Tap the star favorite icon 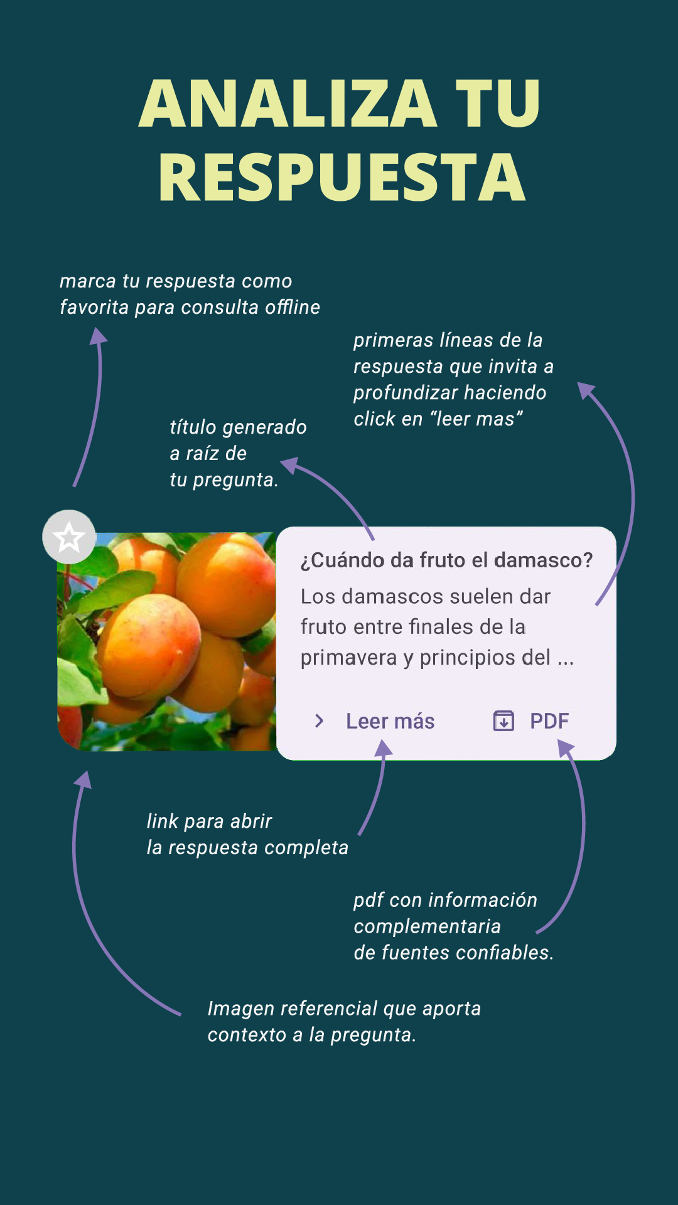click(69, 537)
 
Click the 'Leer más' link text click(390, 721)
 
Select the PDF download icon click(503, 721)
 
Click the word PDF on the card click(549, 721)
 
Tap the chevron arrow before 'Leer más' click(320, 721)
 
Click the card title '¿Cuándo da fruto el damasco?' click(446, 560)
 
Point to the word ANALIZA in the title click(288, 104)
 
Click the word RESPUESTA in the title click(342, 177)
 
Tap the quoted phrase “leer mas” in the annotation click(476, 419)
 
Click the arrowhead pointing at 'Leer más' click(383, 748)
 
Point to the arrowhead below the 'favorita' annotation click(98, 336)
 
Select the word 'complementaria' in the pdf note click(427, 926)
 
